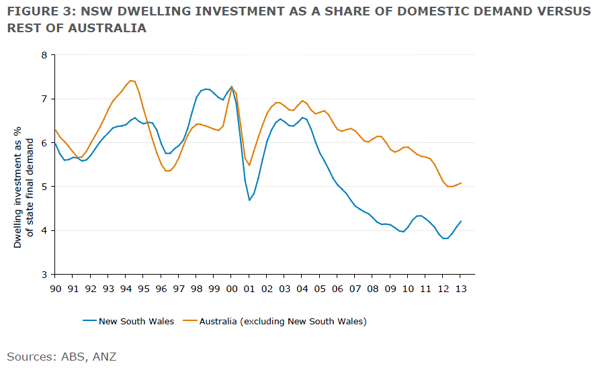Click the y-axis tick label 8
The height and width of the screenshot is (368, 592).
(x=44, y=55)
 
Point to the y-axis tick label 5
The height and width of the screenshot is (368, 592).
(x=44, y=187)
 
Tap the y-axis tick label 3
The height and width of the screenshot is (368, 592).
(x=44, y=274)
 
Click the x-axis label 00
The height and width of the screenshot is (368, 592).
(x=231, y=289)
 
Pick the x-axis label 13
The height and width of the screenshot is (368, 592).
(x=460, y=289)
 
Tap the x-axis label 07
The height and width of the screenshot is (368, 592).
(x=355, y=289)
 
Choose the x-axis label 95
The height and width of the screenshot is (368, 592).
(x=143, y=289)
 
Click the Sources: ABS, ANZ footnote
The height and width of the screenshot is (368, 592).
(x=57, y=356)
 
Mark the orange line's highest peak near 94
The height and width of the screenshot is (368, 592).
(x=131, y=81)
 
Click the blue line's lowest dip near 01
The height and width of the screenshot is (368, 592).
(x=249, y=200)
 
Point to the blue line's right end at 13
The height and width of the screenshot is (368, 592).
(x=461, y=221)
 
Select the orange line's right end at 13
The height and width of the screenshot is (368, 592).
(x=461, y=183)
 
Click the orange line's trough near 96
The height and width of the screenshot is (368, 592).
(x=168, y=171)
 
